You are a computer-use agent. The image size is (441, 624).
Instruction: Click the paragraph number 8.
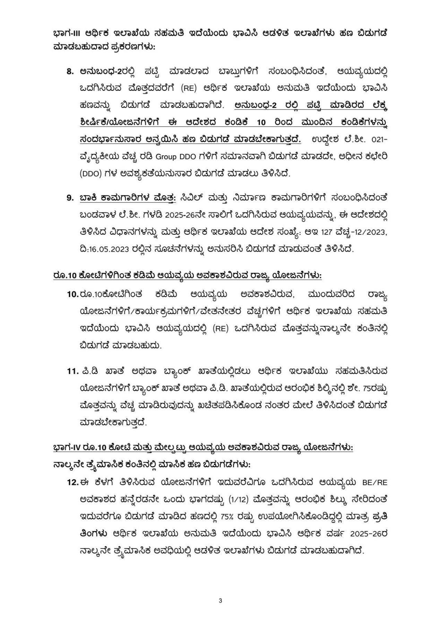point(70,72)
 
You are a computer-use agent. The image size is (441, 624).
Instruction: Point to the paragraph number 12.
point(73,482)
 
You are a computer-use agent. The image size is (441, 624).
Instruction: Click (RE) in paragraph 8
point(189,89)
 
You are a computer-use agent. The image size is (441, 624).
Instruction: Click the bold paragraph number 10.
point(73,294)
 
